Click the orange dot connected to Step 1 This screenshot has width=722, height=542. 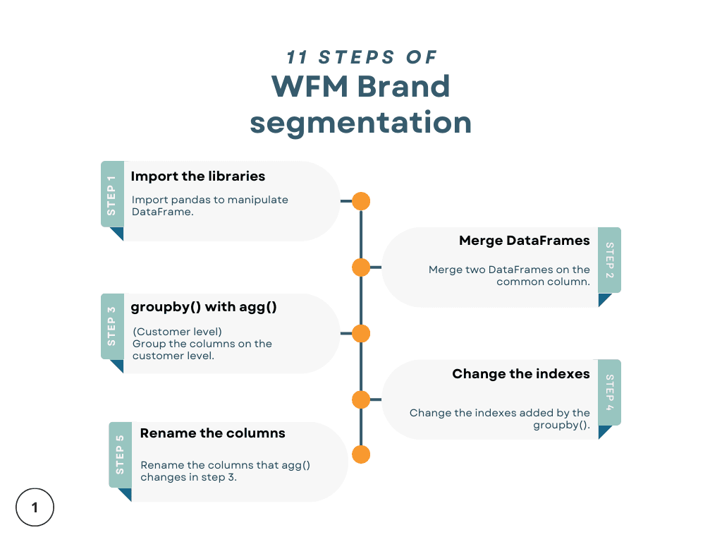[361, 201]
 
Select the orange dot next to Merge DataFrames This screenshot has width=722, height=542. [361, 267]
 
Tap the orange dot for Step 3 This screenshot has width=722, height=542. [361, 334]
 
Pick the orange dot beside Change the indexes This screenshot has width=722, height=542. [361, 400]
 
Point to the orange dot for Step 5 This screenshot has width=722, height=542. [361, 454]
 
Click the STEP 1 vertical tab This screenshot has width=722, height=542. [112, 195]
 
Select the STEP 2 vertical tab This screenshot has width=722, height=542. [610, 260]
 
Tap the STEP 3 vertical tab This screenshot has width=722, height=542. [112, 327]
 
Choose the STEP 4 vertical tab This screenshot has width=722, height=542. [610, 392]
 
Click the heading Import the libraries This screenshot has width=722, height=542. [197, 176]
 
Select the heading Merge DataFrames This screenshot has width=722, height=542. [524, 241]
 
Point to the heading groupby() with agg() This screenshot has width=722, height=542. [204, 307]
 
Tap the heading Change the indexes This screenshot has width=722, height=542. [521, 374]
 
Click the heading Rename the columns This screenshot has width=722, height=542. [212, 433]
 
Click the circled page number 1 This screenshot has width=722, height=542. [35, 507]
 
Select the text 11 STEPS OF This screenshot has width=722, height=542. [362, 57]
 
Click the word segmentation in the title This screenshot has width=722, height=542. [360, 123]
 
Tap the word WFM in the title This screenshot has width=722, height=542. [308, 87]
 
